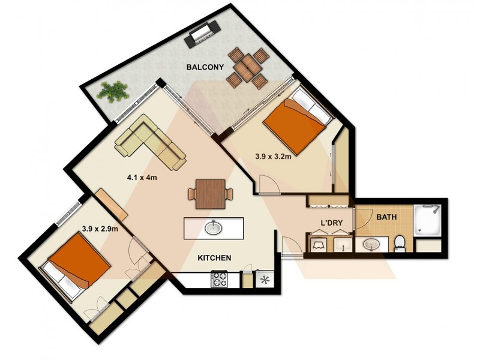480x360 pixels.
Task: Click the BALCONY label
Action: pyautogui.click(x=204, y=67)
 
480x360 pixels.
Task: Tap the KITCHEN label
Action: pyautogui.click(x=215, y=258)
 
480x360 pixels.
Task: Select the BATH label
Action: pyautogui.click(x=386, y=217)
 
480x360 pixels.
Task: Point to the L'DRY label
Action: pyautogui.click(x=331, y=223)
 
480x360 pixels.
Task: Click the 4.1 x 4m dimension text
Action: pyautogui.click(x=143, y=178)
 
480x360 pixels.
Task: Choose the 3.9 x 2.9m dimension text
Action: pyautogui.click(x=100, y=229)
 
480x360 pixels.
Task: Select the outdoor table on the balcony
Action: pyautogui.click(x=245, y=69)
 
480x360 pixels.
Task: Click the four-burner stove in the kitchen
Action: pyautogui.click(x=219, y=279)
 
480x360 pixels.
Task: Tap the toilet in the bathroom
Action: pyautogui.click(x=400, y=243)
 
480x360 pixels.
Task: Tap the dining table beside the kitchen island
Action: pyautogui.click(x=210, y=193)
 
